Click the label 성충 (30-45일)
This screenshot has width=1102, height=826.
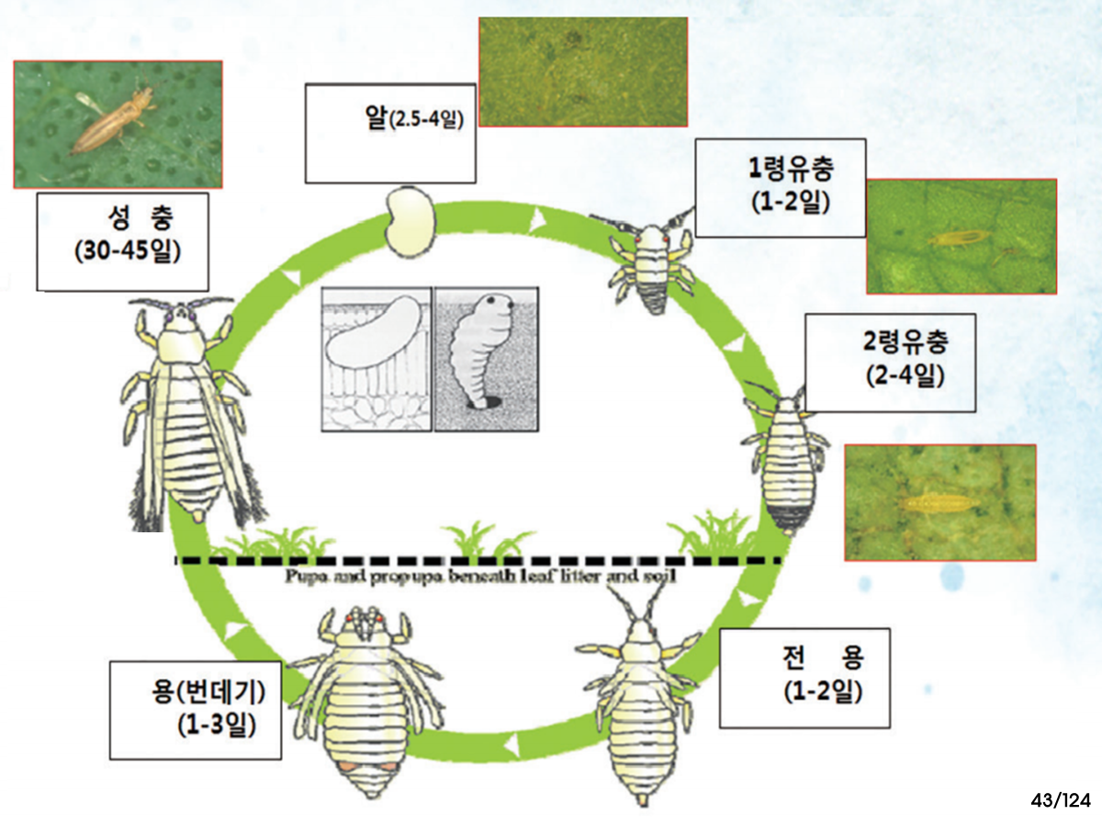coord(122,240)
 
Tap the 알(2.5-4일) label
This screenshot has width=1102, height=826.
coord(390,133)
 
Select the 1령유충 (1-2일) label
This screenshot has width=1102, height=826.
coord(781,187)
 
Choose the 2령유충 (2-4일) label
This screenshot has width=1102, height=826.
coord(889,362)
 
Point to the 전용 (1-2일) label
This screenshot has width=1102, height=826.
coord(804,677)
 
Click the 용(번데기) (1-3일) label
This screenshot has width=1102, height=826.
coord(195,709)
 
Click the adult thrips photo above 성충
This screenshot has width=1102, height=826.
coord(118,124)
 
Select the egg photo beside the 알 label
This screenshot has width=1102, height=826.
coord(583,72)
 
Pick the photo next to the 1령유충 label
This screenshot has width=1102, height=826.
coord(961,236)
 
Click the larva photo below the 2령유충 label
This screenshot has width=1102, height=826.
coord(939,502)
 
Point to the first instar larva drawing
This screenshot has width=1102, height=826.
coord(651,260)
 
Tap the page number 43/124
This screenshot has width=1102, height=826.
coord(1060,800)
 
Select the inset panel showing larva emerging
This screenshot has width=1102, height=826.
coord(487,358)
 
